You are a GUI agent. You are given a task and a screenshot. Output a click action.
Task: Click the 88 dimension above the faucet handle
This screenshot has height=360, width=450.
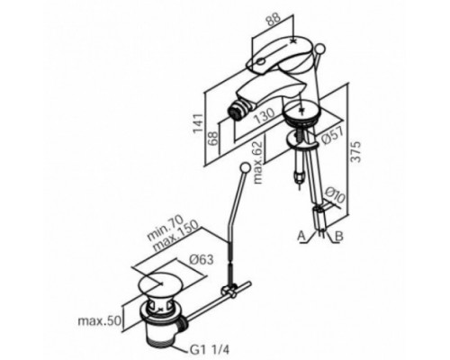(273, 20)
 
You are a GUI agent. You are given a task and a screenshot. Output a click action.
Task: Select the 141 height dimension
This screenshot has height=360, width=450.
(198, 124)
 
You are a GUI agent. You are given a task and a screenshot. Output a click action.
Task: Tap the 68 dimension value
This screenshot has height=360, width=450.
(214, 139)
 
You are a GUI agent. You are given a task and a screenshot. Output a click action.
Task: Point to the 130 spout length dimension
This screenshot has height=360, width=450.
(264, 116)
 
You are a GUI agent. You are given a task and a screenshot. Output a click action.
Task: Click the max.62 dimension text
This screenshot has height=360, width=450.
(257, 162)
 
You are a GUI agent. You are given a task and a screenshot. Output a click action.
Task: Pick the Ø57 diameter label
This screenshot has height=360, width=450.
(331, 136)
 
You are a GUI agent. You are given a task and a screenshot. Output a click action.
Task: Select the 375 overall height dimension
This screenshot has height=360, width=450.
(355, 152)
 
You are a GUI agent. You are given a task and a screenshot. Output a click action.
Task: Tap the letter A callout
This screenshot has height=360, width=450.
(301, 236)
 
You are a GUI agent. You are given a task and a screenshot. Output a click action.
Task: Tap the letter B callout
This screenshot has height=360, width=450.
(338, 236)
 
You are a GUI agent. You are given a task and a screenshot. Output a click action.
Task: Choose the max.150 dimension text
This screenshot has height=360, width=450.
(175, 237)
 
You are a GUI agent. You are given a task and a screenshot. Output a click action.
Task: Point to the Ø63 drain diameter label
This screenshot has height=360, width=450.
(202, 259)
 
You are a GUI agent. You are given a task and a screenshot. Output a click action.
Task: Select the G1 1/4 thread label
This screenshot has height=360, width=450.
(210, 349)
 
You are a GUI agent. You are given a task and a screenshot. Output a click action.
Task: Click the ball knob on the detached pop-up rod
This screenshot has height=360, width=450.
(246, 167)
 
